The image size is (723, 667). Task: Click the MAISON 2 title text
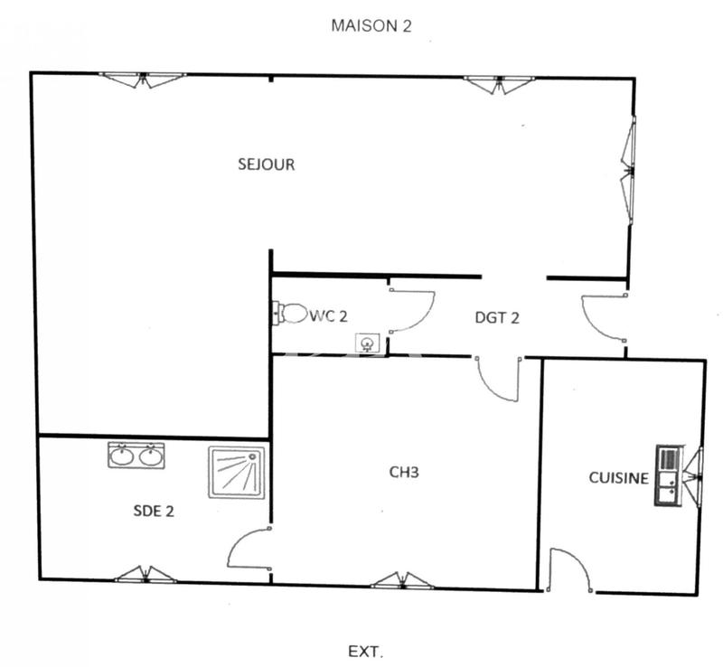click(x=371, y=25)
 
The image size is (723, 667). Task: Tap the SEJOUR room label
click(x=266, y=164)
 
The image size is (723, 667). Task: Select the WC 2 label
click(x=329, y=315)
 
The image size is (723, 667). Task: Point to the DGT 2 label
click(x=497, y=317)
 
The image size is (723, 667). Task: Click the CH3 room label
click(x=403, y=471)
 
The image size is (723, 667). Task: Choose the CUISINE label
click(x=618, y=478)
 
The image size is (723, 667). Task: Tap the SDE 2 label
click(x=153, y=511)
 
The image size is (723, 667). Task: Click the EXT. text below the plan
click(x=366, y=651)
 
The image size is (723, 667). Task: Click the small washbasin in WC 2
click(x=368, y=343)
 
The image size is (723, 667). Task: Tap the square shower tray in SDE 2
click(x=237, y=472)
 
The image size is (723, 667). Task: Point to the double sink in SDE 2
click(x=136, y=456)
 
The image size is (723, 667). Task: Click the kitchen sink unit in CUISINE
click(x=668, y=475)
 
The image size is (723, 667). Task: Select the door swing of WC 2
click(x=412, y=311)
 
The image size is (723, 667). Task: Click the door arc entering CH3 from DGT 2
click(x=498, y=380)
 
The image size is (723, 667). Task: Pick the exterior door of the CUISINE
click(x=570, y=570)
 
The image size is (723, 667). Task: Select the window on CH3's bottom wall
click(x=402, y=581)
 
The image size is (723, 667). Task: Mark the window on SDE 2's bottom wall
click(x=146, y=575)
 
